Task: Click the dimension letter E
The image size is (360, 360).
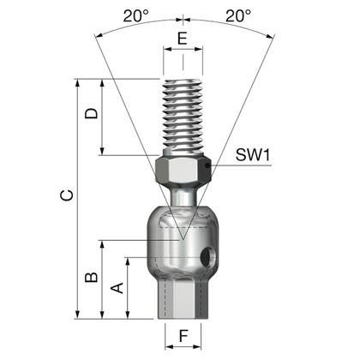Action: point(183,39)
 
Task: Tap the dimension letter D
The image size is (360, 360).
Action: point(92,113)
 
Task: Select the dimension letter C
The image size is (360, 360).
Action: point(67,195)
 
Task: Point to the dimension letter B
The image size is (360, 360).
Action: point(92,277)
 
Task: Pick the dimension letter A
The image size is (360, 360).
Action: point(117,288)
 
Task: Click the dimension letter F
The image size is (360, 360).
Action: point(183,336)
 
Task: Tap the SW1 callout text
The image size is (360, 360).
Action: point(253,155)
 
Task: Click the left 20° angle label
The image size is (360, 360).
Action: point(136,15)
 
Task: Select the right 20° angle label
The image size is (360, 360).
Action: point(238,15)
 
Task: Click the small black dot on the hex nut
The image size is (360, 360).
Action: point(208,165)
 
